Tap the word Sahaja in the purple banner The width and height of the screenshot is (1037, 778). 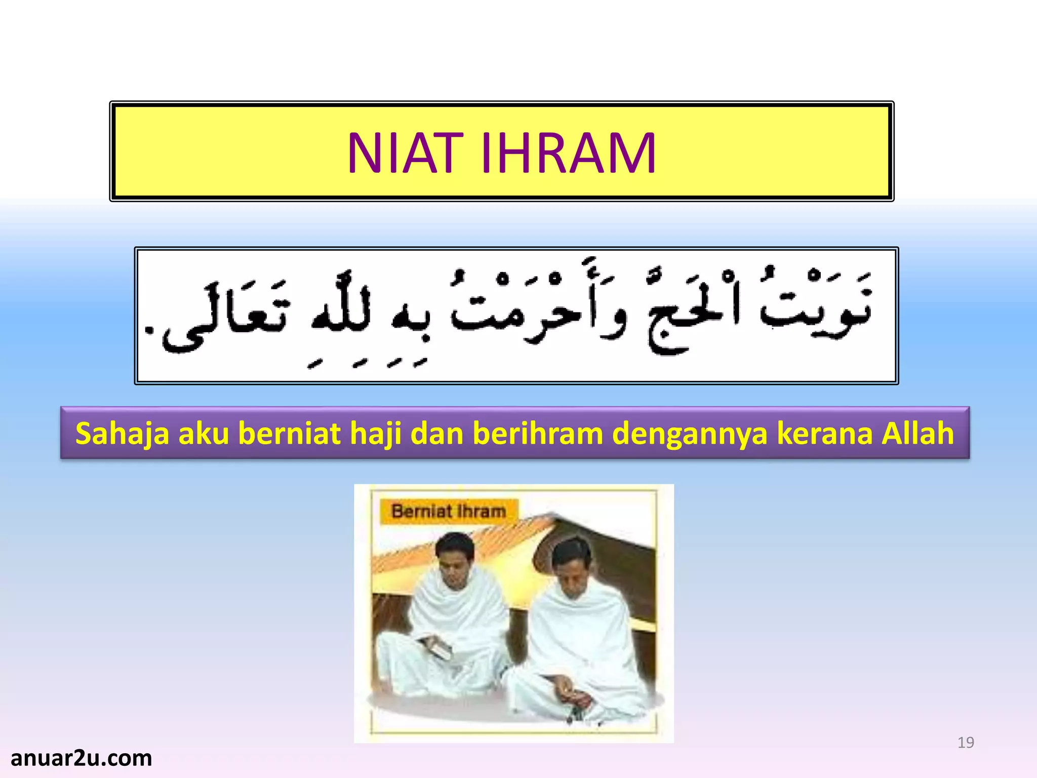122,434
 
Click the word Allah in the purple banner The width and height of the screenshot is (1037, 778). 918,434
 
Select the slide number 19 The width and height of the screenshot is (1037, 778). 966,743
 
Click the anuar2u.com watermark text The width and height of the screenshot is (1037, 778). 81,758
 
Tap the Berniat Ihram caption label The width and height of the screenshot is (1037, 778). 449,511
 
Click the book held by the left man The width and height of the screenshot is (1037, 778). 438,649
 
